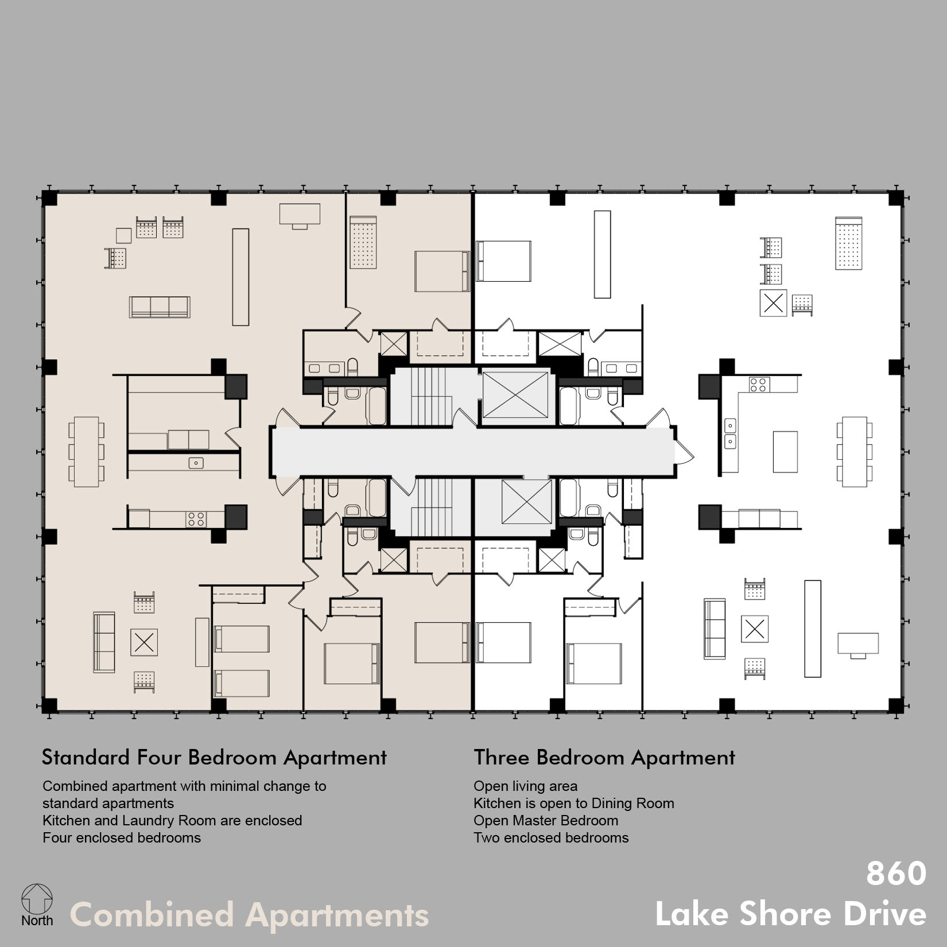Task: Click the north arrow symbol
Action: coord(37,898)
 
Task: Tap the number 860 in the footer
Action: coord(896,874)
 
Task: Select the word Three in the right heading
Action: coord(501,758)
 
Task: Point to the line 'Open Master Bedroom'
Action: coord(546,821)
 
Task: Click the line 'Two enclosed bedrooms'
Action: coord(551,838)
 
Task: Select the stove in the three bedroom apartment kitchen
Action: coord(759,385)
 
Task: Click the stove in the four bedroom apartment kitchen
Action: coord(196,519)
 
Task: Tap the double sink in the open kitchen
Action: coord(730,433)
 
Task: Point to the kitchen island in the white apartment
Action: coord(785,452)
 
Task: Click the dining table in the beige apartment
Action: coord(86,452)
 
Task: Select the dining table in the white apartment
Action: coord(855,452)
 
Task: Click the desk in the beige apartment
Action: coord(300,216)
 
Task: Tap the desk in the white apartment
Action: coord(858,645)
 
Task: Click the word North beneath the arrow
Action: coord(37,921)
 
